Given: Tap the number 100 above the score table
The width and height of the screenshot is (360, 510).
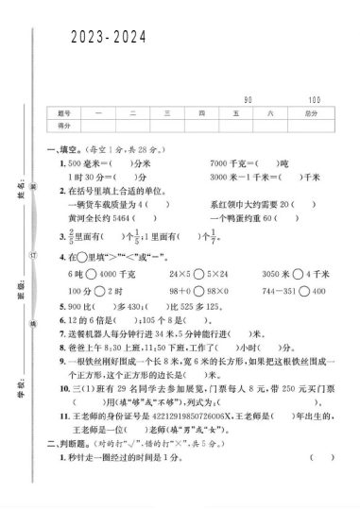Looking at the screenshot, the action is pyautogui.click(x=314, y=99).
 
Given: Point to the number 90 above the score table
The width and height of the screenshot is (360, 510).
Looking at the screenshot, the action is pyautogui.click(x=248, y=99).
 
